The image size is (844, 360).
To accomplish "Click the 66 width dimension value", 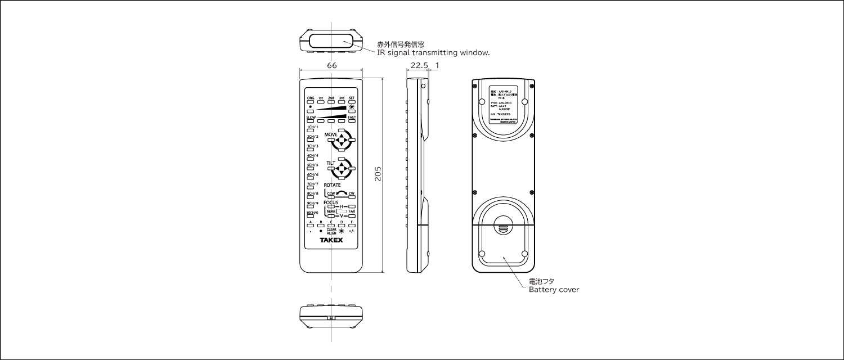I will pyautogui.click(x=332, y=66).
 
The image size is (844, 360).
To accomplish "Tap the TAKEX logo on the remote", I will pyautogui.click(x=331, y=240).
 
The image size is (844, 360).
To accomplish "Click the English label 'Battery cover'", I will pyautogui.click(x=554, y=290).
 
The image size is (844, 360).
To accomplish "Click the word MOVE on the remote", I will pyautogui.click(x=330, y=135).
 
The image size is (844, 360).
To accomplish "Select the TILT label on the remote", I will pyautogui.click(x=330, y=163).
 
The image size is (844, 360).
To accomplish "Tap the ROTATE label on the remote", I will pyautogui.click(x=332, y=185).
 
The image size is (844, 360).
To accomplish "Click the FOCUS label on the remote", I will pyautogui.click(x=331, y=202).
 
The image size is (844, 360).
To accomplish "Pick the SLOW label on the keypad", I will pyautogui.click(x=311, y=117).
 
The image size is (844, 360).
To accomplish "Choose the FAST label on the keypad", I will pyautogui.click(x=352, y=117).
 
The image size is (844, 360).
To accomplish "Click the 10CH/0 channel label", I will pyautogui.click(x=312, y=213).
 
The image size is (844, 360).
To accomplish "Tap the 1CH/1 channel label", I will pyautogui.click(x=311, y=127).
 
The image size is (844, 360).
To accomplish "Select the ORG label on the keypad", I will pyautogui.click(x=310, y=98).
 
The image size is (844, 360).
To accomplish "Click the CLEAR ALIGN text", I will pyautogui.click(x=331, y=231).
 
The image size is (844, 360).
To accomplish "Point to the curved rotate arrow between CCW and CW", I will pyautogui.click(x=341, y=193).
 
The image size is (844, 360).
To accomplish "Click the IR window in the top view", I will pyautogui.click(x=331, y=40).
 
